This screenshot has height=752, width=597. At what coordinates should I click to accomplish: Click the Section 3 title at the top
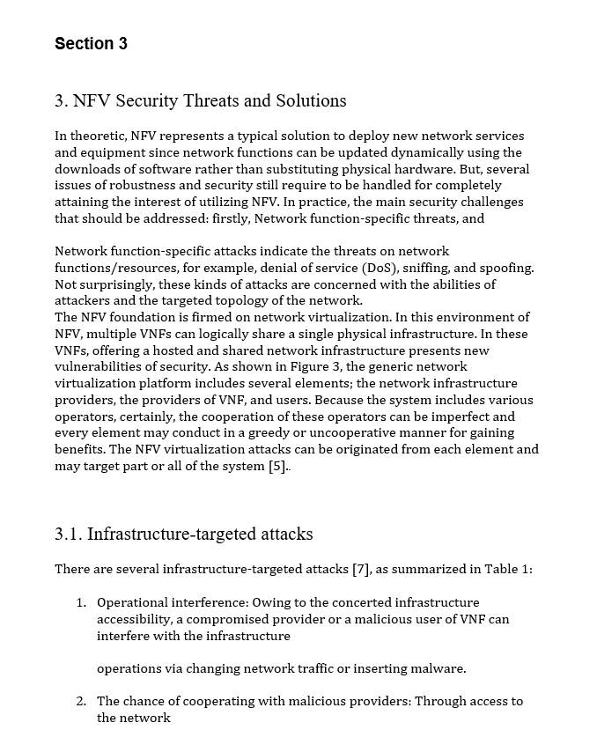pos(91,43)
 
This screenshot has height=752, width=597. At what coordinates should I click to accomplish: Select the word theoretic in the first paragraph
pos(99,136)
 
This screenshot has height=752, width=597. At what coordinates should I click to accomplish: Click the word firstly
pos(225,218)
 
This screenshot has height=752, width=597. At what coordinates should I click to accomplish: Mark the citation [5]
pos(277,466)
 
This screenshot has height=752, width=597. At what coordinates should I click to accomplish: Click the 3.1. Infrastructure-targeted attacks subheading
pos(183,534)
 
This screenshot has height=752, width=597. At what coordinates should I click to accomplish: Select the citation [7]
pos(360,569)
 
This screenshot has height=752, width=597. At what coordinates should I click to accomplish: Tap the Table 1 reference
pos(507,569)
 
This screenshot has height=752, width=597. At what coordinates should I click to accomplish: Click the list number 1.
pos(80,602)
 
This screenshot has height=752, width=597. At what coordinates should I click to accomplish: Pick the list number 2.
pos(80,701)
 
